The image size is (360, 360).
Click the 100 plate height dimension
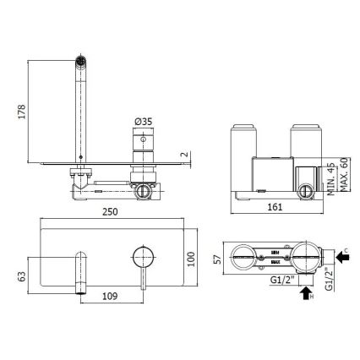tap(194, 257)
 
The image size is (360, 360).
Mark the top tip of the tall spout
tap(80, 61)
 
